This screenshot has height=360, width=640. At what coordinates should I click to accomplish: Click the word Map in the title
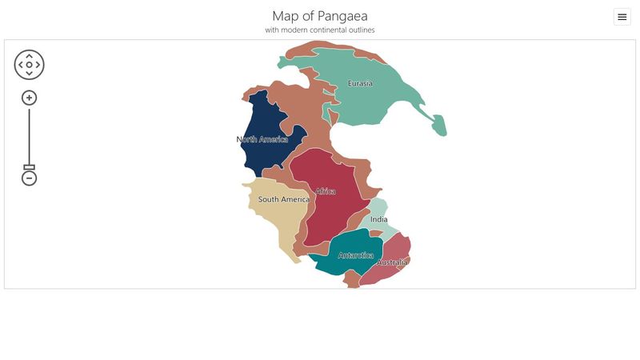click(286, 16)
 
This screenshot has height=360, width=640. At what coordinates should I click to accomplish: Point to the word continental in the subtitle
click(325, 30)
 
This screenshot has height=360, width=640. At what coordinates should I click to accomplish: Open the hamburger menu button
click(622, 17)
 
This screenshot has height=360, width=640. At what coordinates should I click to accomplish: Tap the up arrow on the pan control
click(30, 56)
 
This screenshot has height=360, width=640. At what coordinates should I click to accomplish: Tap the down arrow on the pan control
click(30, 74)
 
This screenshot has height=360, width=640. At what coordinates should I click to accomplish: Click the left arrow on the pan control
click(21, 65)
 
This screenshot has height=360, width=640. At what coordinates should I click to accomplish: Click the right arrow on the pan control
click(38, 65)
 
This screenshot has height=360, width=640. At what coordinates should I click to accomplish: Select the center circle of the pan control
click(30, 65)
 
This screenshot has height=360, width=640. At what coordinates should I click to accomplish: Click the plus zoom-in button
click(30, 98)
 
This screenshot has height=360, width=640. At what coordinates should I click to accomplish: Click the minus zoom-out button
click(30, 178)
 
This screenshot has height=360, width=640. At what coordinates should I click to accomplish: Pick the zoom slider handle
click(30, 167)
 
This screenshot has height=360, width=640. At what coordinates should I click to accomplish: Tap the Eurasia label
click(360, 83)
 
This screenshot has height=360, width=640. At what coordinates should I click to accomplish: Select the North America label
click(262, 139)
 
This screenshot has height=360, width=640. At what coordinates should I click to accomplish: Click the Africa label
click(326, 191)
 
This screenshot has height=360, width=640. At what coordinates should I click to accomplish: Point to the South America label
click(283, 199)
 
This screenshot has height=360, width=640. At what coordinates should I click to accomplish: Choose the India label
click(379, 219)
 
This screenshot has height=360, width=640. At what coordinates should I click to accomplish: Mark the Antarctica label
click(356, 256)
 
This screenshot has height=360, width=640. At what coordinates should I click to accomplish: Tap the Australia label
click(392, 262)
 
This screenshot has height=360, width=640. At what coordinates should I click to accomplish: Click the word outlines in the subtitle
click(361, 30)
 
